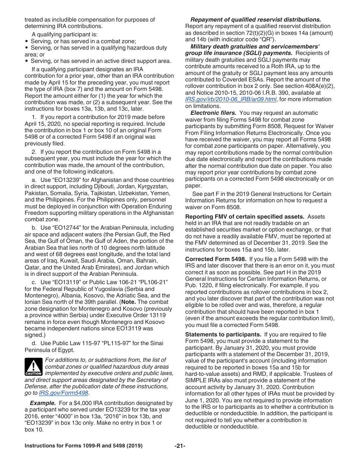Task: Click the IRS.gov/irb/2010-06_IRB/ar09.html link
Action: (231, 99)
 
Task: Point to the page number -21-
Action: (180, 446)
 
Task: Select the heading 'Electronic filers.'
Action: (213, 113)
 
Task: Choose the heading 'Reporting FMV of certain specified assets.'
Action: (244, 217)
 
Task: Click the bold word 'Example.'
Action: (43, 403)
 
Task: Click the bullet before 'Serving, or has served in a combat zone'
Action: (27, 41)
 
